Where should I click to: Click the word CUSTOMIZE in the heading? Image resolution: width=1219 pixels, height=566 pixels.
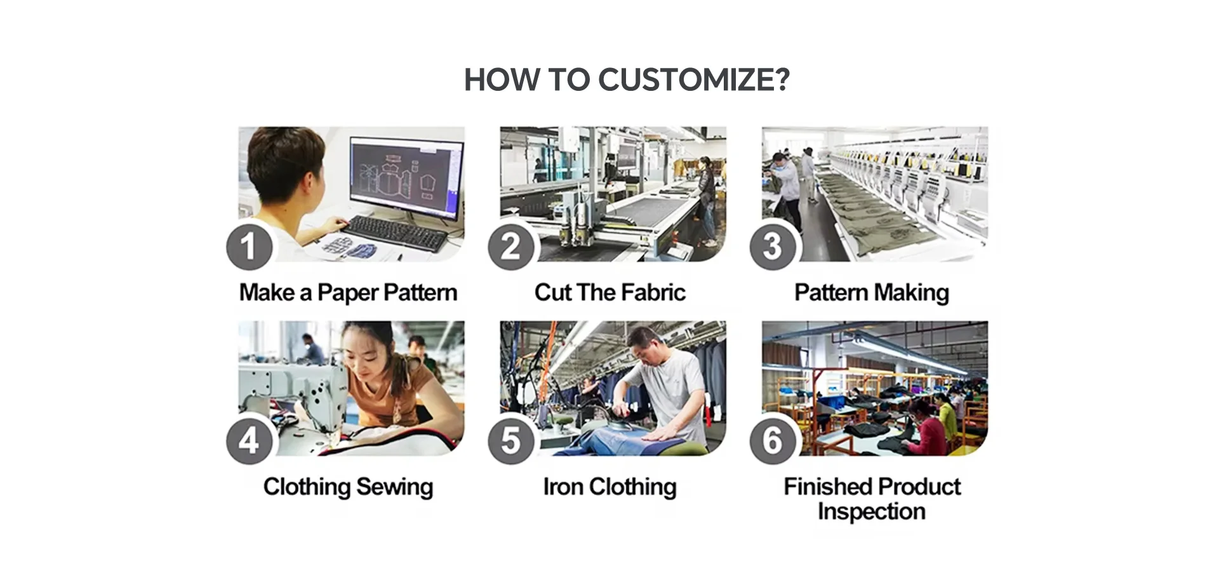pyautogui.click(x=694, y=80)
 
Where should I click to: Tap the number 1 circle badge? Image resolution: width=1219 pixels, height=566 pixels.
pyautogui.click(x=249, y=246)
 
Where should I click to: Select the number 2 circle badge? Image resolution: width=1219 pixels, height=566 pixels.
pyautogui.click(x=510, y=246)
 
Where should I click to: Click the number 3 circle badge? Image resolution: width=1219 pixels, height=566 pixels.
pyautogui.click(x=772, y=246)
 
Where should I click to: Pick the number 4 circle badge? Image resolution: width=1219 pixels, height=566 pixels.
pyautogui.click(x=249, y=441)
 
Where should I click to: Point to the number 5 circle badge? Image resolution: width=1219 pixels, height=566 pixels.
pyautogui.click(x=510, y=441)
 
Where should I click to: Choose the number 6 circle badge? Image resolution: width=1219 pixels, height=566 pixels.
pyautogui.click(x=772, y=441)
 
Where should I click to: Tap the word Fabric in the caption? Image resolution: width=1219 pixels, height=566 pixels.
pyautogui.click(x=653, y=292)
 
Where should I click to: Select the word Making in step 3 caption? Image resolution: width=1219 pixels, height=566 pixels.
pyautogui.click(x=912, y=293)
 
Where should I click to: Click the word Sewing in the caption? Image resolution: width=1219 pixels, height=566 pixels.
pyautogui.click(x=394, y=488)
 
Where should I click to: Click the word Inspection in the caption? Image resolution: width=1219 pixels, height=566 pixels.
pyautogui.click(x=872, y=512)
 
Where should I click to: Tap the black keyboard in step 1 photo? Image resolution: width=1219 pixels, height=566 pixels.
pyautogui.click(x=397, y=232)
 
